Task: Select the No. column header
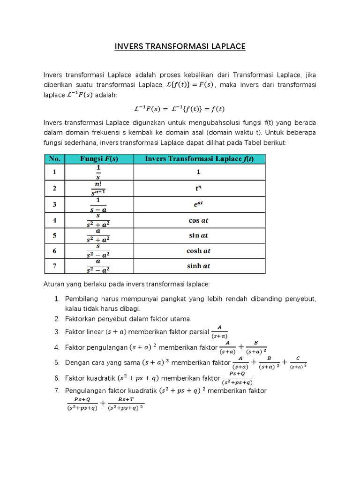[55, 159]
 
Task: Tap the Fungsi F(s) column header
[99, 159]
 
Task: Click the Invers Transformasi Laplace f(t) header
[199, 159]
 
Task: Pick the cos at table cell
[199, 220]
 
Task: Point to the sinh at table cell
[199, 266]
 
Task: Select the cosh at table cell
[199, 251]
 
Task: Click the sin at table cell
[199, 235]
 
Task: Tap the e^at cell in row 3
[199, 204]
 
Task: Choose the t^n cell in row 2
[199, 188]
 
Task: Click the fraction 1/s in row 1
[98, 172]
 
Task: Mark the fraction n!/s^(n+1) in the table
[98, 188]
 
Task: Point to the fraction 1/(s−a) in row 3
[98, 204]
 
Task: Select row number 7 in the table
[55, 266]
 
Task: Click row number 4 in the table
[55, 220]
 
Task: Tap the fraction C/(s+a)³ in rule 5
[298, 363]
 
